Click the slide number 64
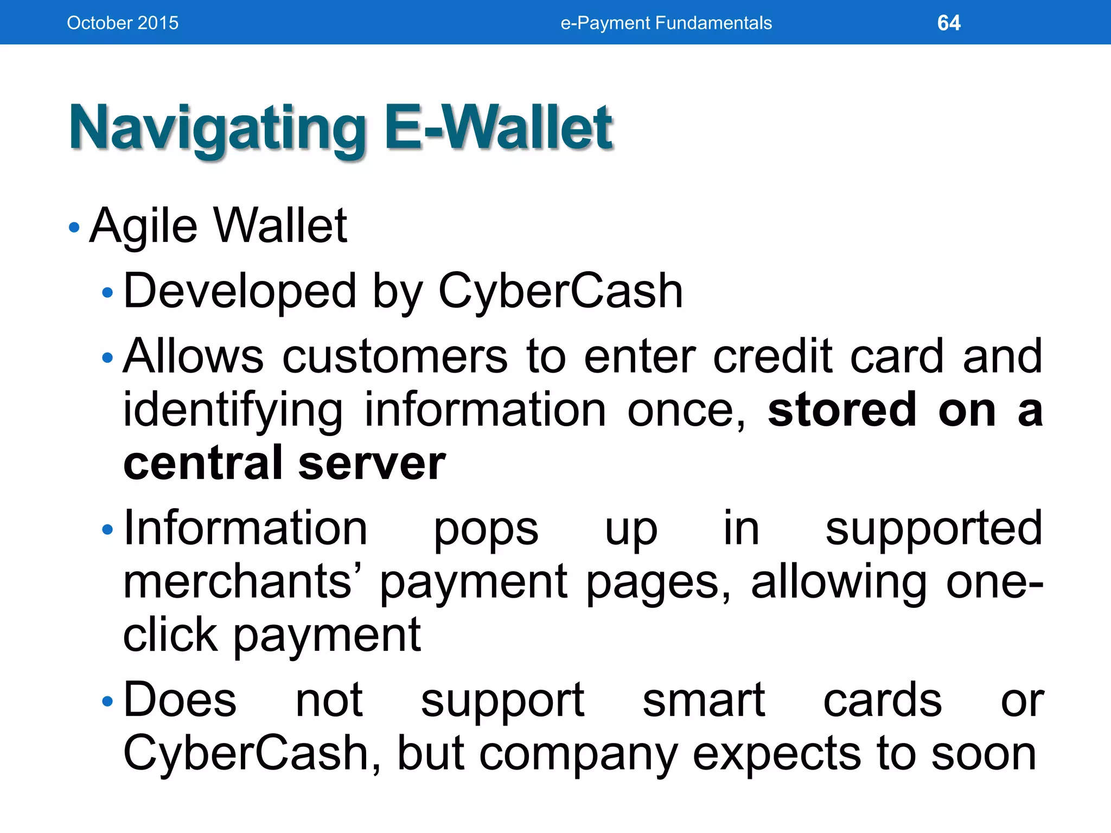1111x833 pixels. tap(948, 23)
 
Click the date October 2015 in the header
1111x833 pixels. tap(123, 23)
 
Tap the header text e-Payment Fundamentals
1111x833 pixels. tap(666, 23)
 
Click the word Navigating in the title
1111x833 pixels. tap(217, 129)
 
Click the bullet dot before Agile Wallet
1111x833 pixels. tap(74, 227)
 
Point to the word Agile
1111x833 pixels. tap(143, 227)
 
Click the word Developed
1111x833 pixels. tap(239, 292)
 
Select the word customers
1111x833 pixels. tap(395, 357)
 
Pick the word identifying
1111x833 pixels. tap(232, 411)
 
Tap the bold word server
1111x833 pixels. tap(372, 463)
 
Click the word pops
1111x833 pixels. tap(486, 529)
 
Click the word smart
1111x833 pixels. tap(703, 700)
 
